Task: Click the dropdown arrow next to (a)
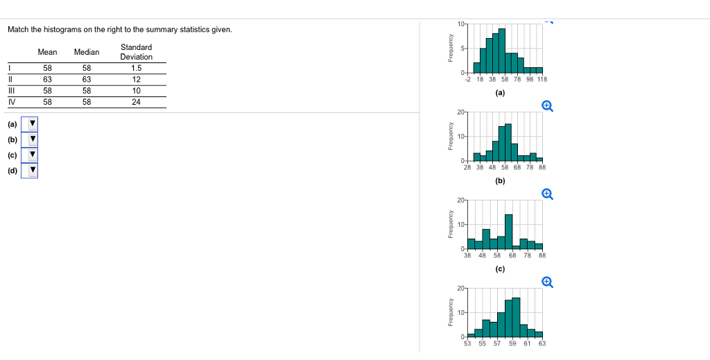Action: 32,124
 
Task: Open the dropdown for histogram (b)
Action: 32,139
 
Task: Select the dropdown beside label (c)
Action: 32,155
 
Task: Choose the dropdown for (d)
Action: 32,170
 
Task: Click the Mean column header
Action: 47,52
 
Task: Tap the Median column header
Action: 87,52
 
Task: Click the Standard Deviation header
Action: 136,52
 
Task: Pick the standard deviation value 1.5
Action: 136,68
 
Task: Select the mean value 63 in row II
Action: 47,79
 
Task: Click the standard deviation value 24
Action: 136,101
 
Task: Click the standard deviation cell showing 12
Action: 136,79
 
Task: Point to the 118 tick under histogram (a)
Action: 542,80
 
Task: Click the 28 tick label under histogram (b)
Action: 467,167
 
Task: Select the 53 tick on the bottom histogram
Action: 467,343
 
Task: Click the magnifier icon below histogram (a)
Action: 547,105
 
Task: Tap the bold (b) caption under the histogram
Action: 500,181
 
